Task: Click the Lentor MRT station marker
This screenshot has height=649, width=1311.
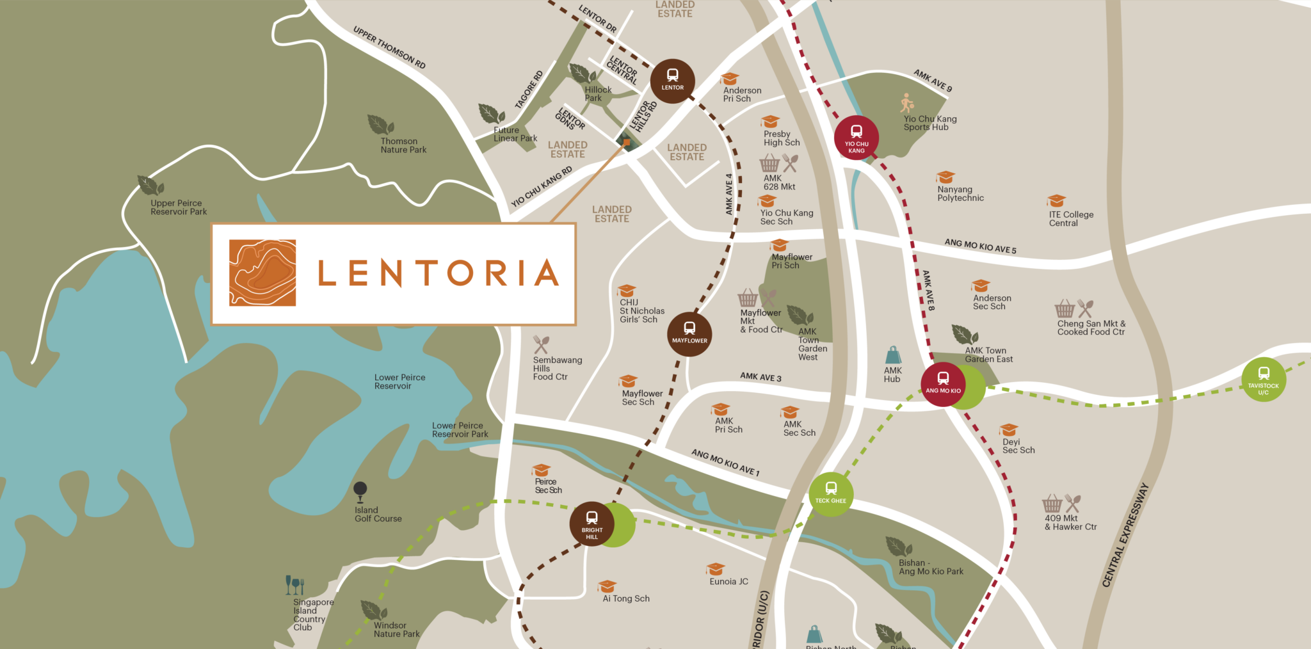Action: pyautogui.click(x=672, y=81)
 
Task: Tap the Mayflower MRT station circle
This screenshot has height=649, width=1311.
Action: pyautogui.click(x=689, y=333)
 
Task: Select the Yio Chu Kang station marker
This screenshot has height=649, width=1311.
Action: pyautogui.click(x=856, y=138)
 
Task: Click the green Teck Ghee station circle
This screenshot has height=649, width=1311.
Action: pyautogui.click(x=830, y=493)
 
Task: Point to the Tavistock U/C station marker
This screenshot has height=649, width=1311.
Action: pyautogui.click(x=1263, y=380)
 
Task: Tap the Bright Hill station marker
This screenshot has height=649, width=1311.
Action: pyautogui.click(x=591, y=524)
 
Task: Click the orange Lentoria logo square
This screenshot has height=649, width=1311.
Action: pyautogui.click(x=262, y=273)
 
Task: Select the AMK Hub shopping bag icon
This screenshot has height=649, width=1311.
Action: pyautogui.click(x=893, y=355)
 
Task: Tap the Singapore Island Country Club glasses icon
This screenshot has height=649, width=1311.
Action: pyautogui.click(x=294, y=585)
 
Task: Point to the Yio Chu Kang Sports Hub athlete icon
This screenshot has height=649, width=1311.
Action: pyautogui.click(x=907, y=102)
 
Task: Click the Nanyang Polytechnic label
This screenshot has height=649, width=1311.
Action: pyautogui.click(x=960, y=194)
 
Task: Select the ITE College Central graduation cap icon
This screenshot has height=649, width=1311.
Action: pyautogui.click(x=1056, y=201)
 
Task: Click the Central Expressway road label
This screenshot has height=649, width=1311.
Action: pyautogui.click(x=1125, y=535)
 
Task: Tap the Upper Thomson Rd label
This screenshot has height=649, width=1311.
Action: pyautogui.click(x=389, y=47)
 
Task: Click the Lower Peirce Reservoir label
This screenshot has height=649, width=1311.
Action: pyautogui.click(x=399, y=381)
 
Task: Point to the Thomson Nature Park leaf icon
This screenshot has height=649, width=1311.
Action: pyautogui.click(x=380, y=125)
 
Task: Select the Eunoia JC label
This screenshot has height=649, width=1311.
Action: pyautogui.click(x=728, y=582)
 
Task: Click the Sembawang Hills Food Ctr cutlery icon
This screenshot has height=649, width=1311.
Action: pyautogui.click(x=542, y=345)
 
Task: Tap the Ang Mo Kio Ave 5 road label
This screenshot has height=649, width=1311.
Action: pyautogui.click(x=980, y=246)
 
